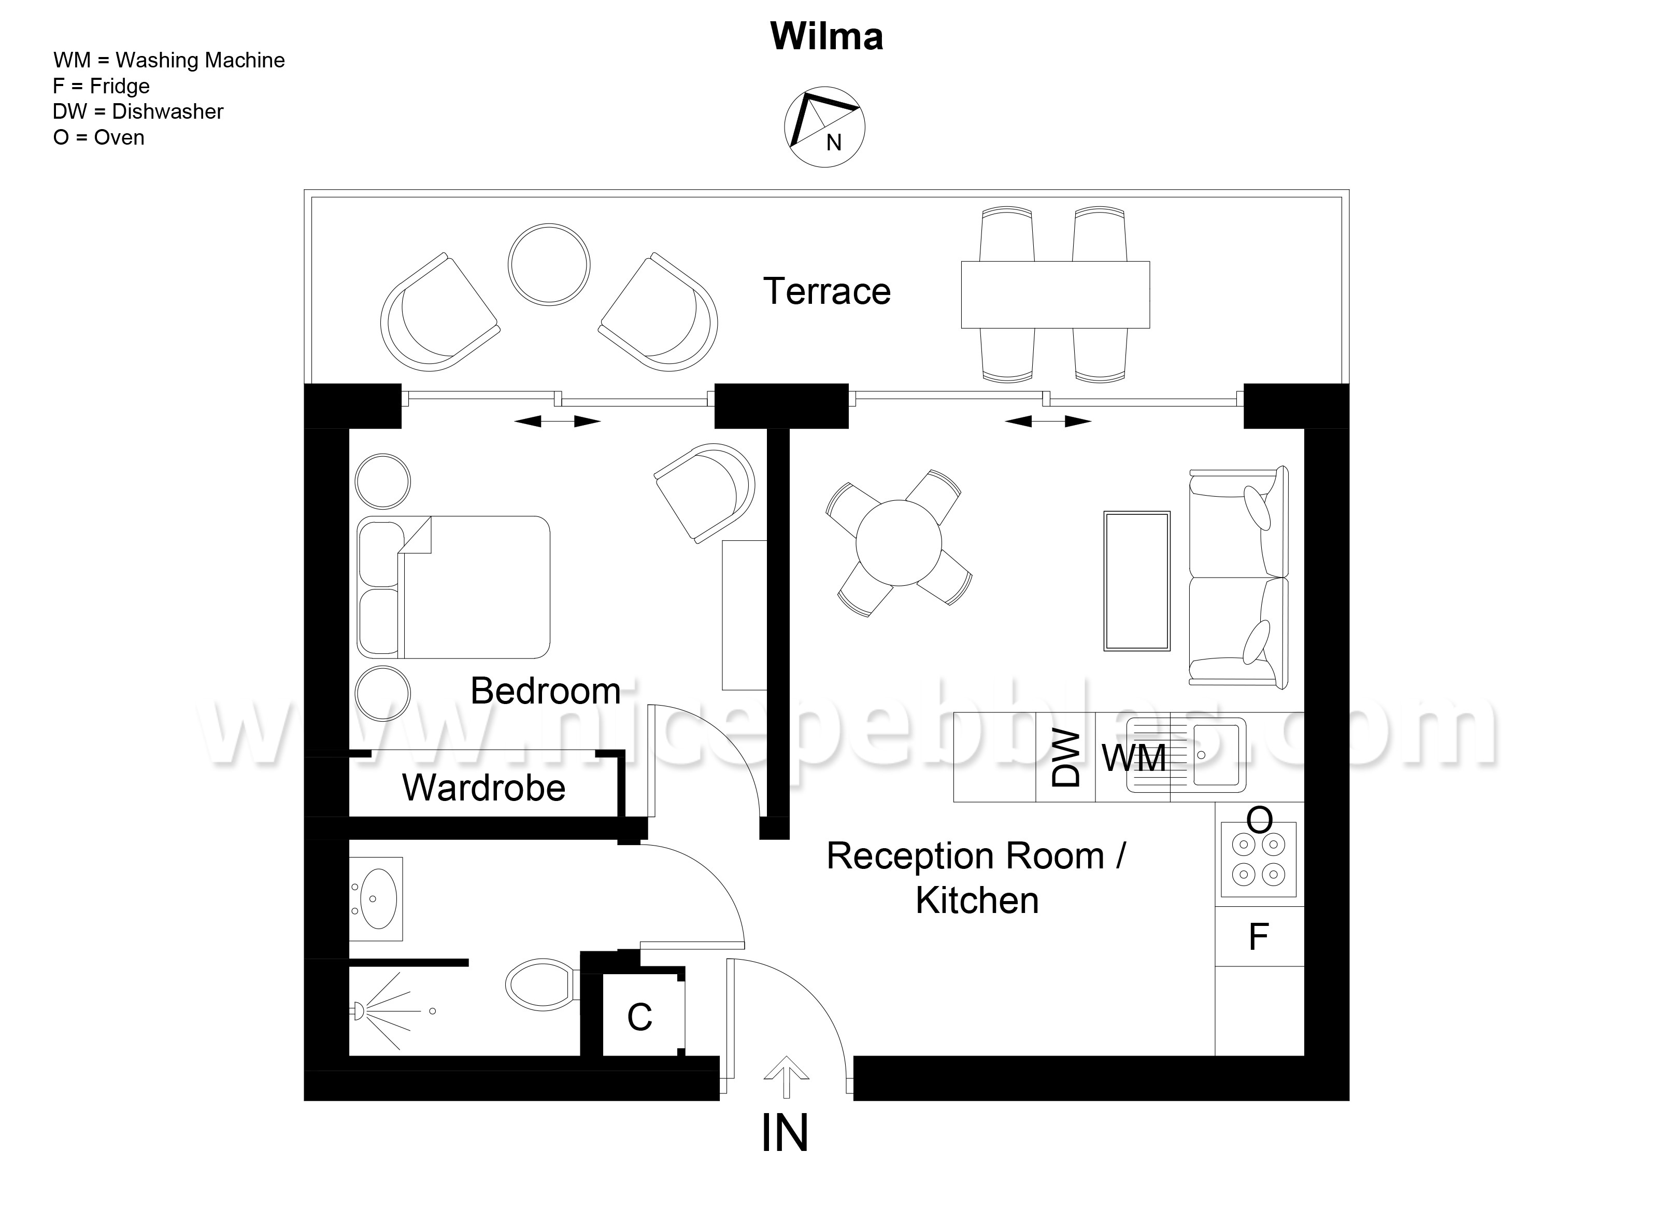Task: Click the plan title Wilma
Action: pos(826,37)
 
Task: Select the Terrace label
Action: pos(826,291)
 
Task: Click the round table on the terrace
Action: pos(549,264)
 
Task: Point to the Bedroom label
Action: pos(546,691)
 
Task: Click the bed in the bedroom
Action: pos(453,587)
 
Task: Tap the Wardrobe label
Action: pos(483,788)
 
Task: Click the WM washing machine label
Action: pos(1134,757)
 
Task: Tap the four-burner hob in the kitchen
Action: pos(1259,859)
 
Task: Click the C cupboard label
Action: pos(639,1017)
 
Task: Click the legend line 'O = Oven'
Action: pos(99,137)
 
